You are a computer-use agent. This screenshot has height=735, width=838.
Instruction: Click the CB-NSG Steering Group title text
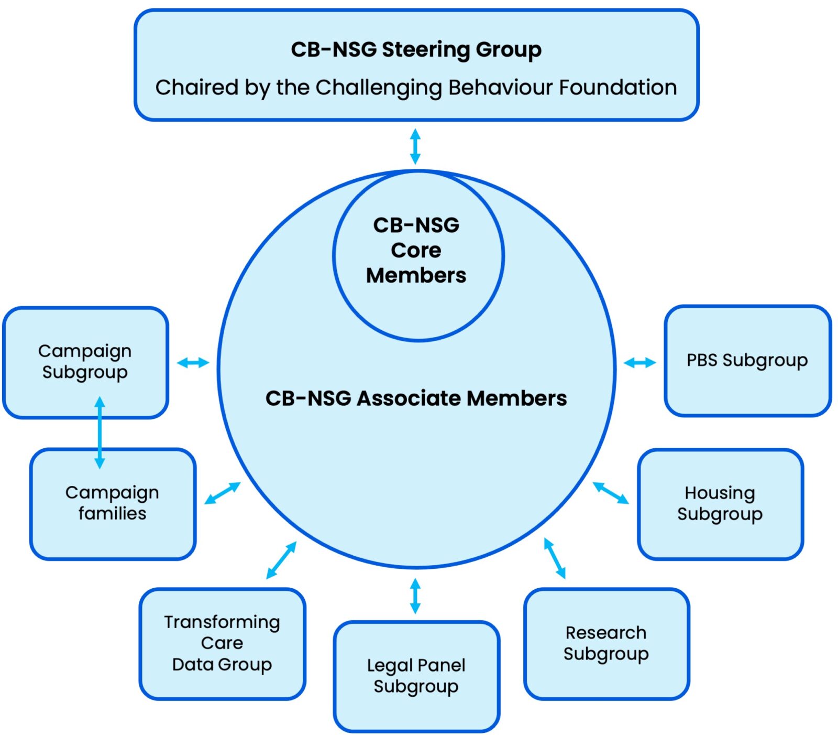click(416, 50)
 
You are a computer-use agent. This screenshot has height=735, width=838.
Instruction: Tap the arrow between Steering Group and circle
click(415, 146)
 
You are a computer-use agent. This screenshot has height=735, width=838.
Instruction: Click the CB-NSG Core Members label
click(416, 250)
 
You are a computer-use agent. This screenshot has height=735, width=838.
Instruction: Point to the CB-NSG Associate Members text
click(416, 398)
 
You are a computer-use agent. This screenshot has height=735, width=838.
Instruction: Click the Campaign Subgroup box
click(85, 361)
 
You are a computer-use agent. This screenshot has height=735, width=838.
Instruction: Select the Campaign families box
click(112, 503)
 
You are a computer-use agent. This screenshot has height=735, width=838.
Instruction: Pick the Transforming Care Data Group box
click(222, 643)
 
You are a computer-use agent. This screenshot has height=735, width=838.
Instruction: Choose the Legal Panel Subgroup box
click(416, 676)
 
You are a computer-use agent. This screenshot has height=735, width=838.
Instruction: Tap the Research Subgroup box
click(606, 643)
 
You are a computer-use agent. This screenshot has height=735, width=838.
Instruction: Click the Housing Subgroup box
click(720, 503)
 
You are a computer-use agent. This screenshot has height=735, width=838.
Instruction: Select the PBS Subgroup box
click(747, 360)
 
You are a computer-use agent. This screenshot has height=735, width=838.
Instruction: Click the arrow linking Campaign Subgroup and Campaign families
click(100, 433)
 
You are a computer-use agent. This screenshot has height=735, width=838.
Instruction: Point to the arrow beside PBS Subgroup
click(639, 362)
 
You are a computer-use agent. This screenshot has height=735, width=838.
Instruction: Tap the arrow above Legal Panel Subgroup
click(415, 596)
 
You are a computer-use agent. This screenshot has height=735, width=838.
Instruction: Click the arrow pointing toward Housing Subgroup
click(611, 493)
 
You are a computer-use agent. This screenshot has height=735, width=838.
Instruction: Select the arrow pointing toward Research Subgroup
click(555, 558)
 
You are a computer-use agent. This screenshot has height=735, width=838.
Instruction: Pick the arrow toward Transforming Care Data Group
click(281, 560)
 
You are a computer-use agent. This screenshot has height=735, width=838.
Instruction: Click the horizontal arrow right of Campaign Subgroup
click(193, 362)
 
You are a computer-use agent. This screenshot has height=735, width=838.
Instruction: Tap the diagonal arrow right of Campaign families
click(222, 493)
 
